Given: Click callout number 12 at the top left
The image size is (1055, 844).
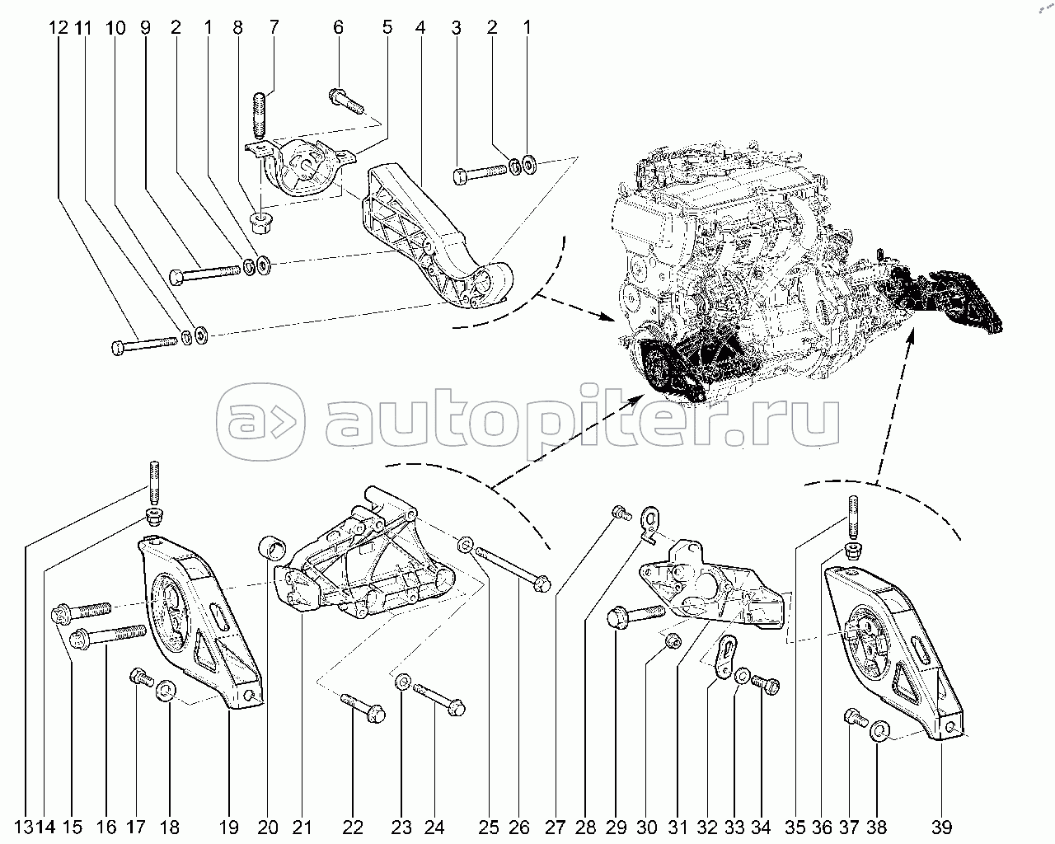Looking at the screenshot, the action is pos(58,27).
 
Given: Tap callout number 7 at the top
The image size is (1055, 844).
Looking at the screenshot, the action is pos(274,27).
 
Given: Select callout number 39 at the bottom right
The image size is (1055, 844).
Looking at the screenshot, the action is pos(940,828).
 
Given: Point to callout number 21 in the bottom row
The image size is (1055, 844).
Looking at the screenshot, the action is pos(302,828).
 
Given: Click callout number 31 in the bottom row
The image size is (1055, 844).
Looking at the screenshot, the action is pos(678,828).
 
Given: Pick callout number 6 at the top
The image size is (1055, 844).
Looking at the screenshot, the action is pos(338,27).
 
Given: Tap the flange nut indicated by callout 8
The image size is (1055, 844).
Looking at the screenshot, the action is pos(260,223).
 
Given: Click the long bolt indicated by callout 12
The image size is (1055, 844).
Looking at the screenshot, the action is pos(143,345).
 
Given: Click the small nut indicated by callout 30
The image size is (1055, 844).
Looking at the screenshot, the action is pos(672,640).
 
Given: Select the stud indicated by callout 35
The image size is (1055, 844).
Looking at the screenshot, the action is pos(853,518).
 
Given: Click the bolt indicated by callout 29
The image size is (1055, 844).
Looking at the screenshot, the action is pos(635,615).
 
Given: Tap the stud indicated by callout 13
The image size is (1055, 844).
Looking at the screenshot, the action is pos(154,482).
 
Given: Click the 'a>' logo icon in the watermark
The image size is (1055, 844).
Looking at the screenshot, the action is pos(260,421).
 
